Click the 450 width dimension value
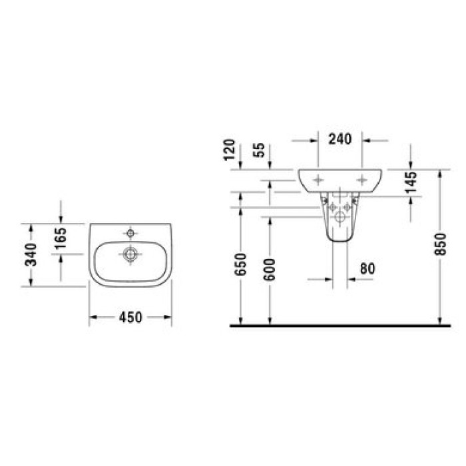pyautogui.click(x=131, y=318)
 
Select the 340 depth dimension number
pyautogui.click(x=30, y=254)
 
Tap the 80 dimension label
pyautogui.click(x=367, y=269)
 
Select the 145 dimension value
pyautogui.click(x=410, y=182)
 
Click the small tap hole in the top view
pyautogui.click(x=130, y=234)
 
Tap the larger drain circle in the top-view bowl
pyautogui.click(x=130, y=253)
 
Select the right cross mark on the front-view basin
pyautogui.click(x=362, y=178)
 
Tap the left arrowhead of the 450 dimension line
pyautogui.click(x=93, y=318)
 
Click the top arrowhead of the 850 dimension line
pyautogui.click(x=440, y=173)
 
